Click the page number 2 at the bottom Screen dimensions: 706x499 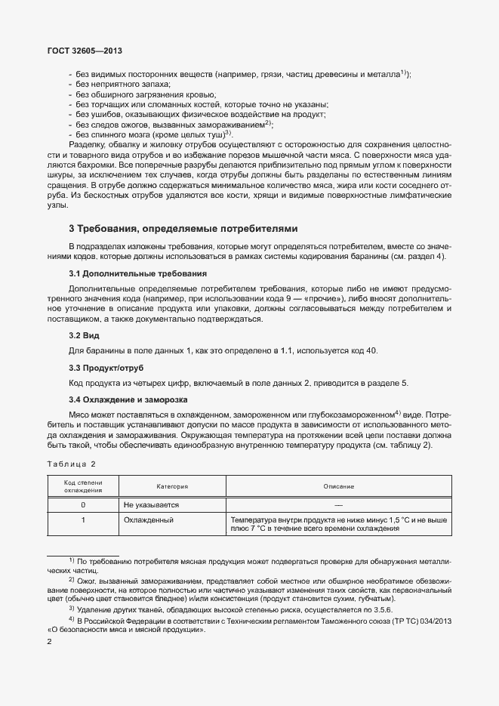click(x=50, y=643)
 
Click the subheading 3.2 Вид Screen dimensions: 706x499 click(x=85, y=335)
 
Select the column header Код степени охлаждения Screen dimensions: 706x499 click(x=83, y=486)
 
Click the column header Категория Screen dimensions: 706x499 click(x=172, y=486)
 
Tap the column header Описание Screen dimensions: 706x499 click(x=338, y=486)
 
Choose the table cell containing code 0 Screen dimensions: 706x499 click(x=83, y=504)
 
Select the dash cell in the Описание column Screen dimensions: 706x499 click(x=338, y=504)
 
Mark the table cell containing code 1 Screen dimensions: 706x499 click(x=83, y=520)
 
